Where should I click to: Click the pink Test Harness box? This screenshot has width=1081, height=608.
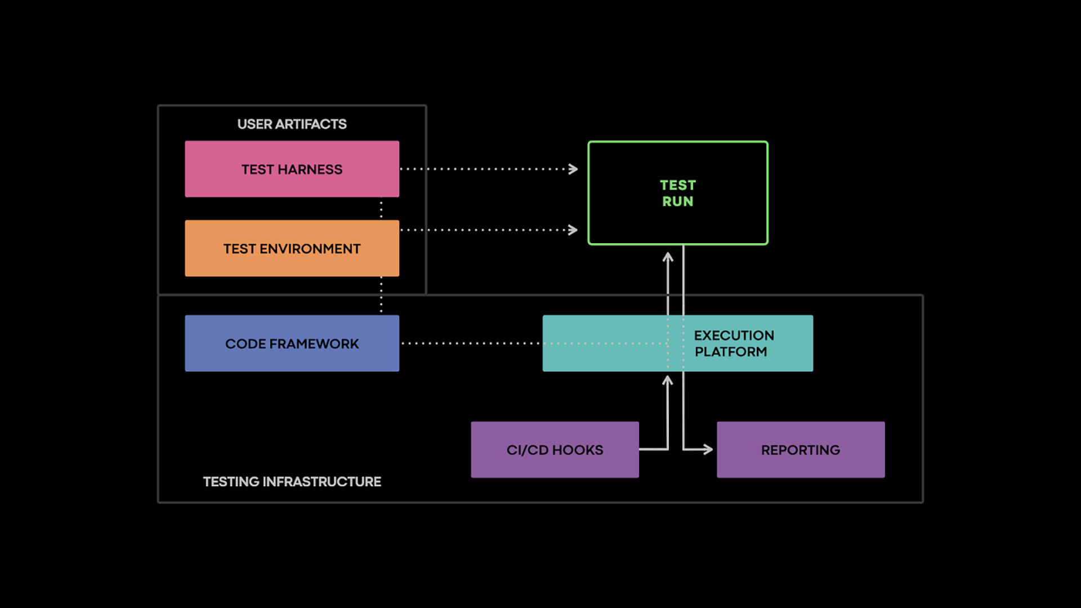(x=292, y=169)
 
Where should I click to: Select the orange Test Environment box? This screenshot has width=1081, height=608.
(x=292, y=248)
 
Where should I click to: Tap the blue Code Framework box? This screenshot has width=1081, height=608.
(x=292, y=343)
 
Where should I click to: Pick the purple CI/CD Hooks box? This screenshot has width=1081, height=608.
(x=555, y=450)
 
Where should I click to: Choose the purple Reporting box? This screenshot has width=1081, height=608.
(x=800, y=450)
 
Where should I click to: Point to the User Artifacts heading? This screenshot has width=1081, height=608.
(x=292, y=124)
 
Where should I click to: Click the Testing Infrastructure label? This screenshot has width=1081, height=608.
(x=292, y=482)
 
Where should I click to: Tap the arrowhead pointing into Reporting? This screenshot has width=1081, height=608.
(x=708, y=449)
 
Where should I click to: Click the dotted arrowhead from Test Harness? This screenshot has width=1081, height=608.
(x=573, y=169)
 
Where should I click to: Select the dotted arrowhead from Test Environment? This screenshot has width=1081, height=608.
(x=573, y=230)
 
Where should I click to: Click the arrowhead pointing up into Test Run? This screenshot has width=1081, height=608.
(x=668, y=257)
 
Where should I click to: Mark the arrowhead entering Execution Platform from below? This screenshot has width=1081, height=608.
(x=668, y=381)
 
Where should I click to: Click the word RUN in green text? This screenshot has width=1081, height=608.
(x=677, y=202)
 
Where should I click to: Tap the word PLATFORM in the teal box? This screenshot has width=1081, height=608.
(x=730, y=352)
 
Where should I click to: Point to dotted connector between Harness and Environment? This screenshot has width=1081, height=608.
(x=381, y=209)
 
